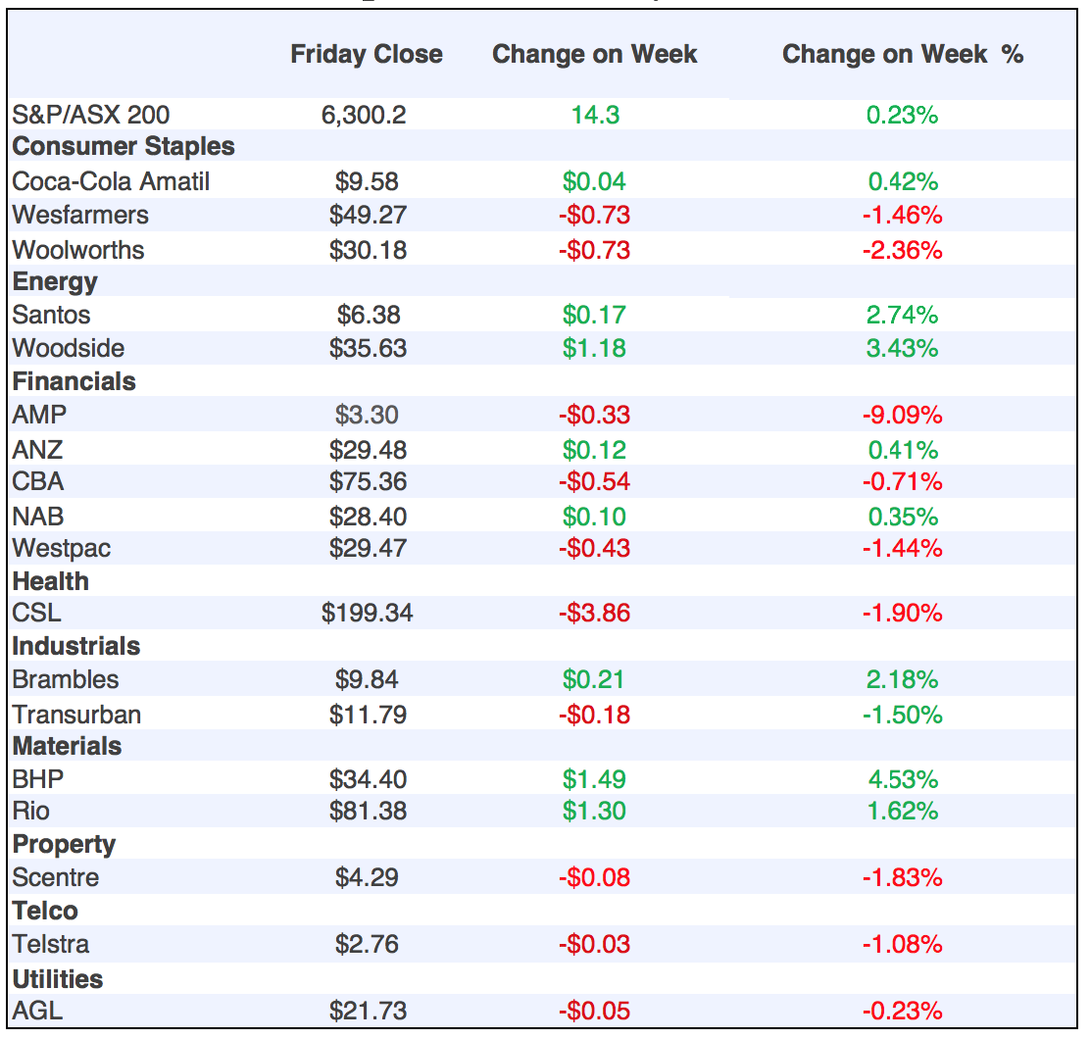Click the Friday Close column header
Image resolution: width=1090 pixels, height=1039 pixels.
(366, 55)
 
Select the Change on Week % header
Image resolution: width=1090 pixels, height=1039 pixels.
(902, 55)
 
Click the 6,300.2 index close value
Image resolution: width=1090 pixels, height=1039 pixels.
(364, 115)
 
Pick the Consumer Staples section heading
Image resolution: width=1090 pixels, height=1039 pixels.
(124, 147)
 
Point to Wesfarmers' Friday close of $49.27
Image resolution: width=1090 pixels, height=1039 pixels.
(368, 215)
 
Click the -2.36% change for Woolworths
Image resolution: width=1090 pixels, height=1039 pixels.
(902, 250)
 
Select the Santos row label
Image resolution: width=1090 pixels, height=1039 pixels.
(51, 315)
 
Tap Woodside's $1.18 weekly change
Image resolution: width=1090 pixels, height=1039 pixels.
(594, 348)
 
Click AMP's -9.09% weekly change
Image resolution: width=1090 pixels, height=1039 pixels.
(902, 415)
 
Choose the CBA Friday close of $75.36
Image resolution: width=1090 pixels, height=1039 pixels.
(368, 481)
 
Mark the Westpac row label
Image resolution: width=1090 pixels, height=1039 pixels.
(62, 548)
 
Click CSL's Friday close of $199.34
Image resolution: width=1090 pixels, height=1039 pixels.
(368, 614)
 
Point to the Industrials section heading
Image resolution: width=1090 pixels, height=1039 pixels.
(76, 647)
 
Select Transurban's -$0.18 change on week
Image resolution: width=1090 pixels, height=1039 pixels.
(594, 714)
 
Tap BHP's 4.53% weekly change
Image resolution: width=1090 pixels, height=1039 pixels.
(902, 779)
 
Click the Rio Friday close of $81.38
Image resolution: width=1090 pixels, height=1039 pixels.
(368, 812)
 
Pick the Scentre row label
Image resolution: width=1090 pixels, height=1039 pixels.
(56, 877)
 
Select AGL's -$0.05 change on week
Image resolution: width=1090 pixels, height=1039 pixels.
(594, 1011)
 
